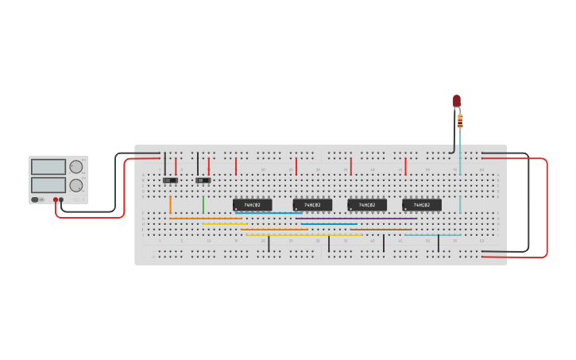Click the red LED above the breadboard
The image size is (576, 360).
(457, 100)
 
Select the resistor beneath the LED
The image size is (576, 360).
(460, 122)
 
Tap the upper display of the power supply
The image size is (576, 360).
(48, 167)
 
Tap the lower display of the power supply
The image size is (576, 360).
(48, 184)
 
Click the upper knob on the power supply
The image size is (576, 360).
(76, 167)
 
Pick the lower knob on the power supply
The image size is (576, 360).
(76, 185)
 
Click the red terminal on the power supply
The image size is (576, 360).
(56, 199)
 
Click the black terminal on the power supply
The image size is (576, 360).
(61, 199)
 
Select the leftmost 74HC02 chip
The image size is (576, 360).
(252, 205)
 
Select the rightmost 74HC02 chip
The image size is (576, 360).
(422, 205)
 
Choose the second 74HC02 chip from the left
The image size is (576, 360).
(312, 205)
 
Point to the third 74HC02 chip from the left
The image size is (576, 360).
(367, 205)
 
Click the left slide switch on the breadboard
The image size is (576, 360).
(170, 180)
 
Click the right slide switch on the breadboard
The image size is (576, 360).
(203, 180)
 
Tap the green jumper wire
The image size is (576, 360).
(203, 204)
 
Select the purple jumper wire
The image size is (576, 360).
(358, 219)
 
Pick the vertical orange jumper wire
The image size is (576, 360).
(170, 204)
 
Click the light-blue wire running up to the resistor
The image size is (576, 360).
(460, 175)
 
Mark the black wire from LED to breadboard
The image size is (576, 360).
(454, 143)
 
